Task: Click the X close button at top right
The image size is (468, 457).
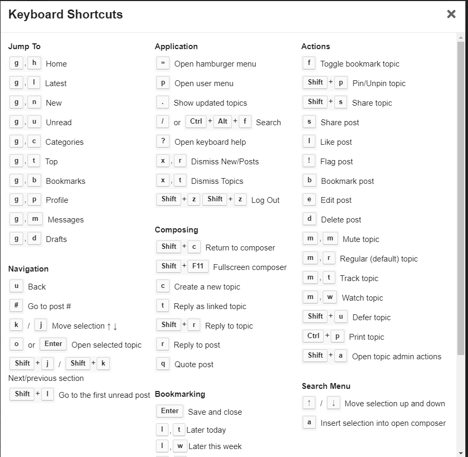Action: pos(451,14)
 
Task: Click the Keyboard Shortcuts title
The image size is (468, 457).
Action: pos(65,14)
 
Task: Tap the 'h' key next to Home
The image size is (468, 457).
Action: pos(34,63)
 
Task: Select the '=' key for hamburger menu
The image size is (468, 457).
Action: pos(163,63)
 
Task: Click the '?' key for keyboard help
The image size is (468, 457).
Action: pos(163,141)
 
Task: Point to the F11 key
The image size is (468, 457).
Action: pos(198,266)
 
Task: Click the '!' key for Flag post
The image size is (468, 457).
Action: pos(309,161)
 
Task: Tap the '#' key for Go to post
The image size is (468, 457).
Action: pos(16,305)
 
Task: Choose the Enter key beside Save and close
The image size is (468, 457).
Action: pos(170,411)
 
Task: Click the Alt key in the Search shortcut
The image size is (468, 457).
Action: pos(223,122)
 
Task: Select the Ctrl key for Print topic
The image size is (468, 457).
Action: pos(314,336)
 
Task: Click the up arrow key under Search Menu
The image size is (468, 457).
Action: pos(309,403)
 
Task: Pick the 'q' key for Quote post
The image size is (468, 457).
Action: pos(163,363)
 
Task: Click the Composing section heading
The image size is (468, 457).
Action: pos(176,230)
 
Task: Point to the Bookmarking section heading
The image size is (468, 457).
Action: pos(180,394)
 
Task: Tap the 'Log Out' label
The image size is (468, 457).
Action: pos(265,200)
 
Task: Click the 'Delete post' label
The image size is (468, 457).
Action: pos(341,220)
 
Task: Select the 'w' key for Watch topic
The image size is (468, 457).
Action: pos(330,297)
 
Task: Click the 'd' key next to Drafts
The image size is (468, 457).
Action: pos(34,238)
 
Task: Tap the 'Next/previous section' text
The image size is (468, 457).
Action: pos(46,378)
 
